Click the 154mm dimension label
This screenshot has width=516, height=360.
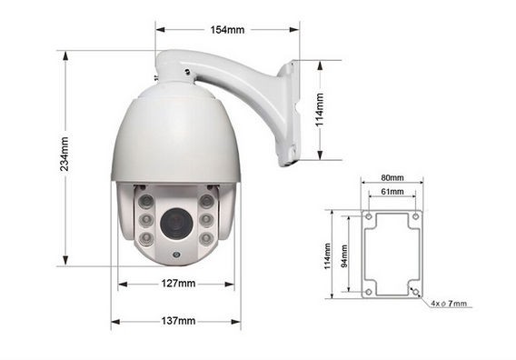pyautogui.click(x=227, y=30)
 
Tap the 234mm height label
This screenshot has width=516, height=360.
pyautogui.click(x=64, y=154)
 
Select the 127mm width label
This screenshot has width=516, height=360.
pyautogui.click(x=178, y=284)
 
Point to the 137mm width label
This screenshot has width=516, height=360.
pyautogui.click(x=178, y=321)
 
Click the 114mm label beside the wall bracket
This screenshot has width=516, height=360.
pyautogui.click(x=319, y=110)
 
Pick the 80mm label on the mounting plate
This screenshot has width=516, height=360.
pyautogui.click(x=392, y=177)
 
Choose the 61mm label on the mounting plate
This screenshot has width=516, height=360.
pyautogui.click(x=392, y=191)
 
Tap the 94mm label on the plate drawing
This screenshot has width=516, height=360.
pyautogui.click(x=344, y=256)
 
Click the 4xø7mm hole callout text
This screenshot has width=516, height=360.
pyautogui.click(x=449, y=304)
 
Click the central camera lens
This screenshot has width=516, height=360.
pyautogui.click(x=176, y=224)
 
